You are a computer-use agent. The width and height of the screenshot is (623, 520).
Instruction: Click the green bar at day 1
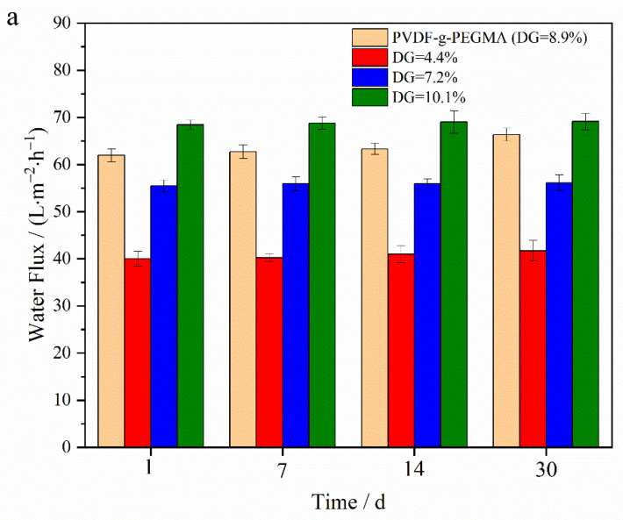pyautogui.click(x=190, y=286)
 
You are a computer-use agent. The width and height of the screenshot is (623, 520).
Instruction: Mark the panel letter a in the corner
pyautogui.click(x=12, y=18)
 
